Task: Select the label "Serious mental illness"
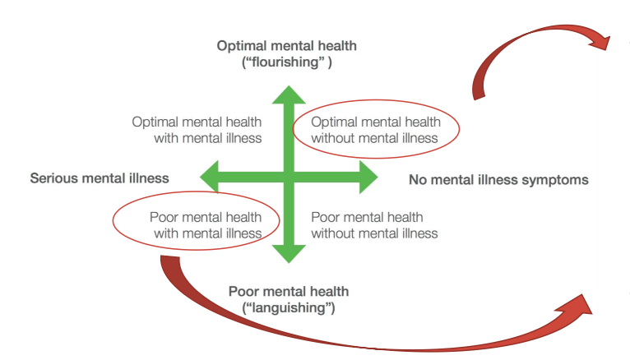coord(100,178)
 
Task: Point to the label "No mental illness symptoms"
coord(498,179)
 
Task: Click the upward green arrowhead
coord(287,92)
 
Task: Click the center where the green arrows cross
coord(287,175)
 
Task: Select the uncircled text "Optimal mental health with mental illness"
coord(197,130)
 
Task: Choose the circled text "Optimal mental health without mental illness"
coord(376,130)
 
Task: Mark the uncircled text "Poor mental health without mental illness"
coord(374,224)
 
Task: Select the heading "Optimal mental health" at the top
coord(287,45)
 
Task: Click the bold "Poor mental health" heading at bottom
coord(288,292)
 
